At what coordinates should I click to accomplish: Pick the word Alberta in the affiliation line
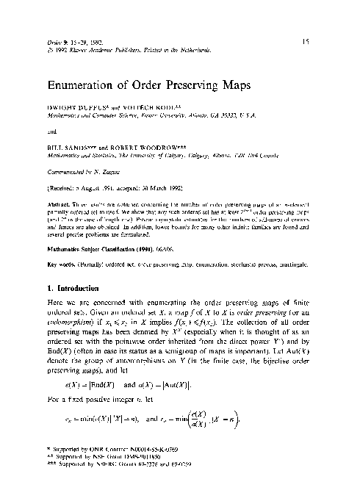click(239, 155)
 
